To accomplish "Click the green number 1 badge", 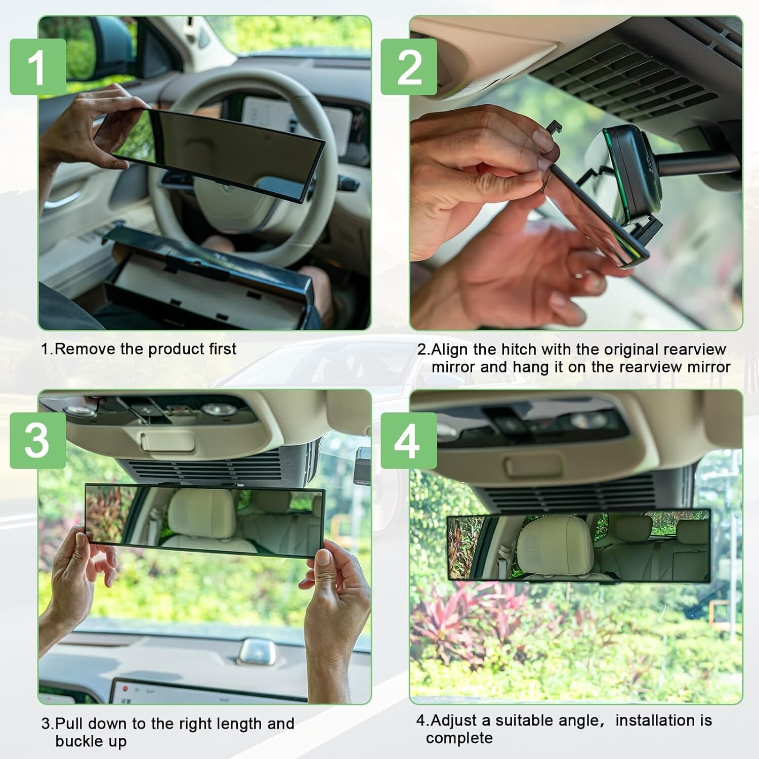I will point(37,66).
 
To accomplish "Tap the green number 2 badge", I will point(409,66).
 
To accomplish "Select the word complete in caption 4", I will point(459,738).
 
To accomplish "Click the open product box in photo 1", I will point(202,283).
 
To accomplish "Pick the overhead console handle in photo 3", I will point(167,442).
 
